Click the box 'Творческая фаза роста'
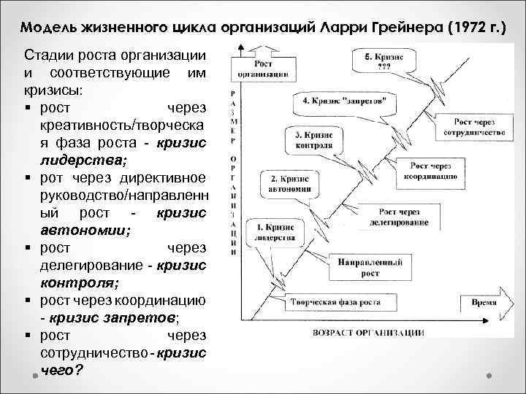(329, 302)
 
